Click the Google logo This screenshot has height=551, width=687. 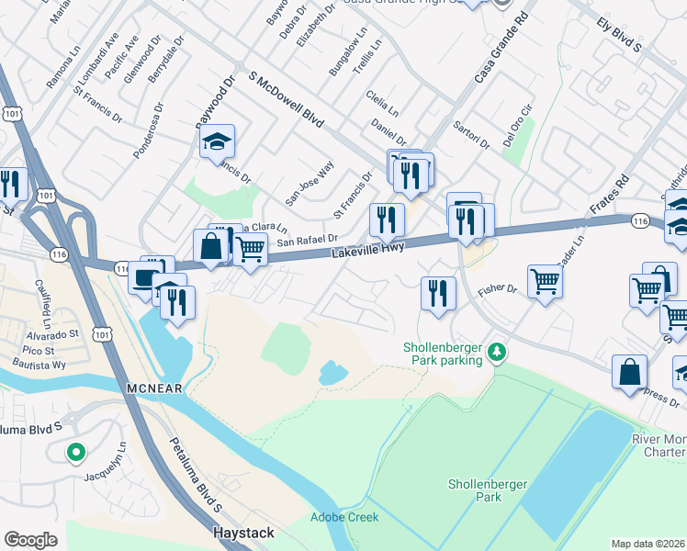coord(31,539)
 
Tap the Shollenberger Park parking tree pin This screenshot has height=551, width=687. coord(496,353)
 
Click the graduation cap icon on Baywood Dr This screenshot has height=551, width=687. coord(217,142)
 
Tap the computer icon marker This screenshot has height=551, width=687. coord(145,276)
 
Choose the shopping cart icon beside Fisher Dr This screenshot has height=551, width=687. coord(545,281)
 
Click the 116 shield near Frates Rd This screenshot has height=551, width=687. coord(641,220)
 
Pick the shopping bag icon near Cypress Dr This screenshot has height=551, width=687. coord(629,372)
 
